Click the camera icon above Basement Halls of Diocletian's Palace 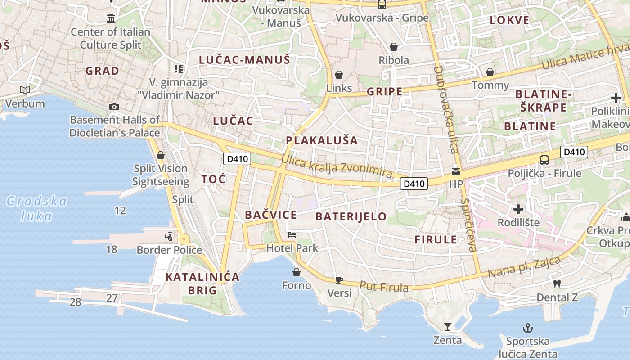[114, 107]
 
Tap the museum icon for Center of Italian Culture [111, 18]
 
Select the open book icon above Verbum [25, 90]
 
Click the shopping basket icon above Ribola [394, 47]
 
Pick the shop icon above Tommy [490, 72]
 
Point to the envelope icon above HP [456, 171]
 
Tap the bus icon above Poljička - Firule [544, 160]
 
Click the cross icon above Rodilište [518, 209]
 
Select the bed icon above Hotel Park [292, 235]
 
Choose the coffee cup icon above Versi [339, 280]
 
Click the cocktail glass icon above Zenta [448, 327]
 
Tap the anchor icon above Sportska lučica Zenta [527, 328]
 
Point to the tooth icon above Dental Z [557, 284]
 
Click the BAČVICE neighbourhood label [271, 215]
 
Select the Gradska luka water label [37, 209]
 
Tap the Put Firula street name [384, 286]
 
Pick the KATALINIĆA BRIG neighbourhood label [202, 283]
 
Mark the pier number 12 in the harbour [120, 211]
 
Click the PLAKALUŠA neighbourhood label [322, 140]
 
